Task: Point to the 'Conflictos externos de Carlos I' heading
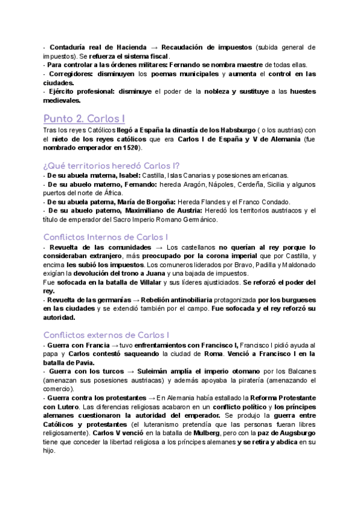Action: [106, 334]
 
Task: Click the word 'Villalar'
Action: [145, 282]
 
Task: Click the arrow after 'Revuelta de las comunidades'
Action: [158, 247]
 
